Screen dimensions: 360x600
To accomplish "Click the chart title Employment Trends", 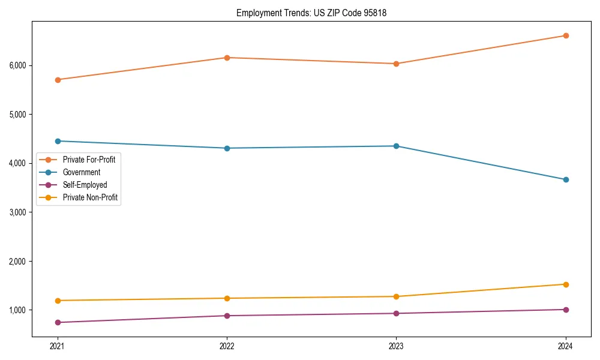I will [x=311, y=13].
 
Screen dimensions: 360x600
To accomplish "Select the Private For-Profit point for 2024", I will [x=566, y=35].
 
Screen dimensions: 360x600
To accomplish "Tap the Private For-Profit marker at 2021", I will [x=58, y=80].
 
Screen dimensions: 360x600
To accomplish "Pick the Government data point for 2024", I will [x=566, y=179].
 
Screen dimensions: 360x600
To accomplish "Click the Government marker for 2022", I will [x=227, y=148].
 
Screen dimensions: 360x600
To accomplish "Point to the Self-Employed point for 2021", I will [x=58, y=323].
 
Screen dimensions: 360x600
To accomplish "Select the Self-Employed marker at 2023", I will [x=397, y=313].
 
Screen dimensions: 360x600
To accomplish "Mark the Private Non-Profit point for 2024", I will [x=566, y=284].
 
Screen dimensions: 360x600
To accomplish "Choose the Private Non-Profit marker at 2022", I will [x=227, y=298].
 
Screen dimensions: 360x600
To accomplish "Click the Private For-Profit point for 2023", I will [x=397, y=64].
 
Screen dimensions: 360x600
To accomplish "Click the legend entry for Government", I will [x=81, y=172].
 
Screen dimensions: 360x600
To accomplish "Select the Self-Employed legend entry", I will [x=85, y=185].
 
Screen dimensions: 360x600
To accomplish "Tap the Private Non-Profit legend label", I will [x=90, y=197].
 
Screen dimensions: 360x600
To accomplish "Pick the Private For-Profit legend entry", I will [x=89, y=160].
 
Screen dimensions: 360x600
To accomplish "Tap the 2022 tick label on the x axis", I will [x=227, y=346].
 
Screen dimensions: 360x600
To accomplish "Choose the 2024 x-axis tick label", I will [x=566, y=346].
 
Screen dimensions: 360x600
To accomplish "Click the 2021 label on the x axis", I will [x=58, y=346].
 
